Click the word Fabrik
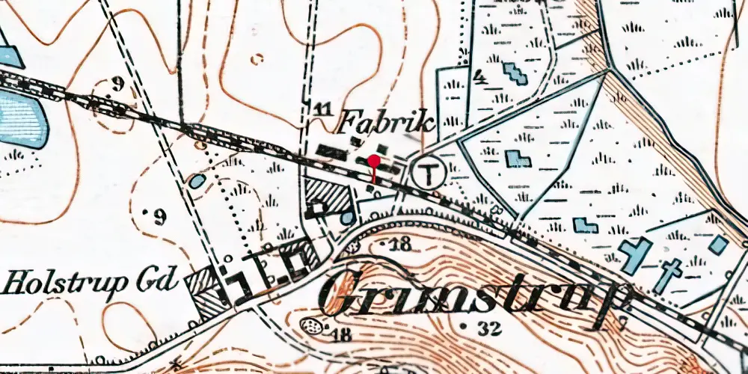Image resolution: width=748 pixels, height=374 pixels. click(387, 121)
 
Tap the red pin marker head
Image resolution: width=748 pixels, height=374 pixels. click(373, 159)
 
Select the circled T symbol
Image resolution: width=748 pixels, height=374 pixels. click(429, 174)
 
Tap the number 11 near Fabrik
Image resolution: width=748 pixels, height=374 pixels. click(323, 110)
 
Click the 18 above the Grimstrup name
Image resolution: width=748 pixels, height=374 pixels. click(401, 244)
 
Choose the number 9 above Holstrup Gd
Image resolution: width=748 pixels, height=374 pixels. click(159, 218)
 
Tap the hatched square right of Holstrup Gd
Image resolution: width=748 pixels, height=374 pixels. click(209, 291)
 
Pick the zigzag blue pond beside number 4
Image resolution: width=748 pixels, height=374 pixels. click(515, 73)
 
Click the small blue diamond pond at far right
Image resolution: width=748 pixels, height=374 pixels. click(717, 245)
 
